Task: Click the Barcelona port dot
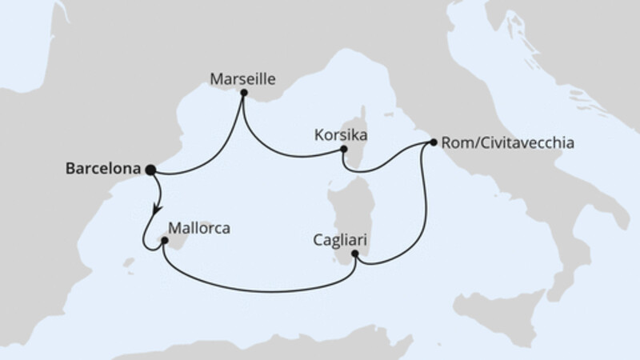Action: pyautogui.click(x=150, y=169)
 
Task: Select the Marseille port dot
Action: pyautogui.click(x=243, y=93)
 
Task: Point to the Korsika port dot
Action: pyautogui.click(x=343, y=149)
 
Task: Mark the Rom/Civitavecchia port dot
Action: pyautogui.click(x=433, y=142)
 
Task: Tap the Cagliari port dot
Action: pyautogui.click(x=355, y=254)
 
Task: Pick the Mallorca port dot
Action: pyautogui.click(x=164, y=240)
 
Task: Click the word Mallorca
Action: pyautogui.click(x=200, y=228)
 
